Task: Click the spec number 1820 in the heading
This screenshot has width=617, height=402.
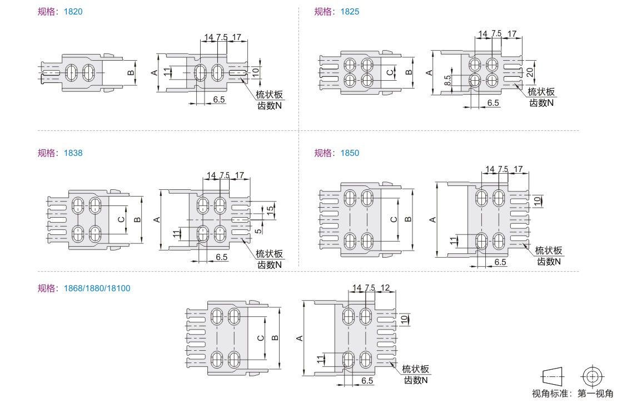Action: click(73, 12)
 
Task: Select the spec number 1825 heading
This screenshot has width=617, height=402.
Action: click(350, 12)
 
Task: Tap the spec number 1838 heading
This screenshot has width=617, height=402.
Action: click(73, 153)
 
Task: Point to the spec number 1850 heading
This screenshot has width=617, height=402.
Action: click(350, 153)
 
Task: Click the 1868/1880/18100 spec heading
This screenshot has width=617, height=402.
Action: click(97, 288)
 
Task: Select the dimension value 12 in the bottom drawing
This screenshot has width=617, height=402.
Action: click(385, 288)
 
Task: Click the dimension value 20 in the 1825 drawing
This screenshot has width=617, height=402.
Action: click(530, 72)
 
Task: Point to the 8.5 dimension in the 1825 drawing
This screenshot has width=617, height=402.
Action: click(447, 80)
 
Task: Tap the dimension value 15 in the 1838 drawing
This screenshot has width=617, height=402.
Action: click(270, 210)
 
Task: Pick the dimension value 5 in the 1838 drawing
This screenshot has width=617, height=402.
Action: click(258, 231)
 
